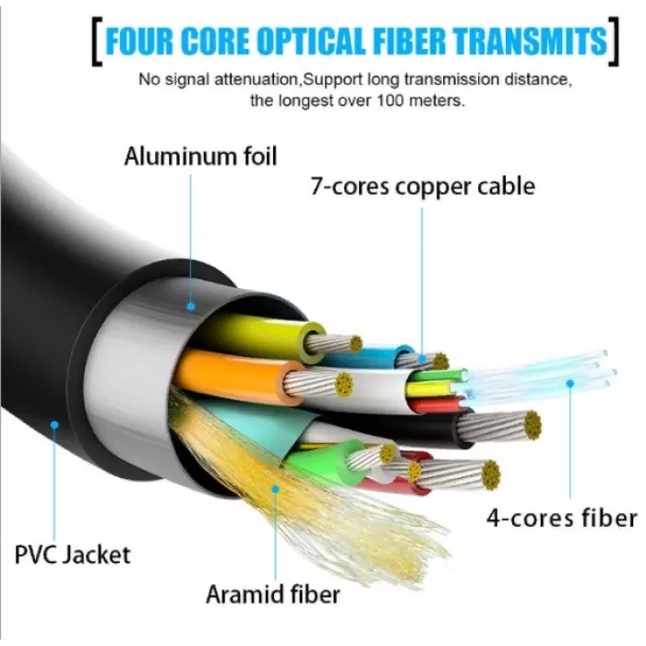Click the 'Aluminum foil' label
coord(200,157)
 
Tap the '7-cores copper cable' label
coord(423,186)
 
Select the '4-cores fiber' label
coord(562,518)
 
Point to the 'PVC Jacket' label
coord(73,555)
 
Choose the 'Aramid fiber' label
coord(273,594)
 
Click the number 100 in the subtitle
coord(391,100)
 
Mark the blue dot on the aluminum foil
coord(191,306)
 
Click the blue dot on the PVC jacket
coord(54,425)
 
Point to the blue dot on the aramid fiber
coord(276,489)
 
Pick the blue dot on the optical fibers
coord(570,384)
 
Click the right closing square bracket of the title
coord(614,42)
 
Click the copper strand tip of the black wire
coord(532,425)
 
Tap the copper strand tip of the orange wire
coord(343,385)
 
